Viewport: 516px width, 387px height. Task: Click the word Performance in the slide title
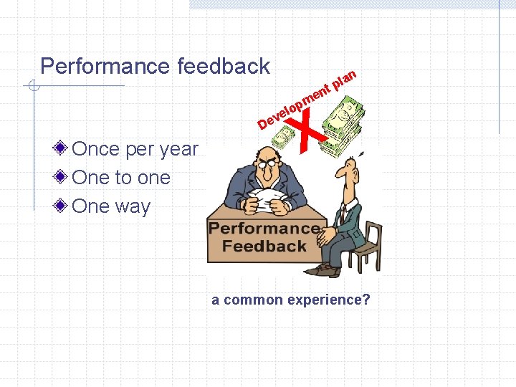point(105,67)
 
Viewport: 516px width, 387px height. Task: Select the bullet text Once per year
point(135,149)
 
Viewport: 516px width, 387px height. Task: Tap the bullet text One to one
point(121,178)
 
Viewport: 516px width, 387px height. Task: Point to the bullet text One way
point(111,206)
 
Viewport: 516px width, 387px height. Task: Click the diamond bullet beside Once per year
point(63,149)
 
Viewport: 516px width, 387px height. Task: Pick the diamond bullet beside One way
point(63,206)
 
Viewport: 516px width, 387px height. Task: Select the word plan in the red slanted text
point(345,77)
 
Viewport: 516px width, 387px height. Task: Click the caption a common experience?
point(291,300)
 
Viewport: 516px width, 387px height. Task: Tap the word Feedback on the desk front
point(264,247)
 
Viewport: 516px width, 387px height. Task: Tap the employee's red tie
point(343,214)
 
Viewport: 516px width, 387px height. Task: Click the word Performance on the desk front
point(264,229)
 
